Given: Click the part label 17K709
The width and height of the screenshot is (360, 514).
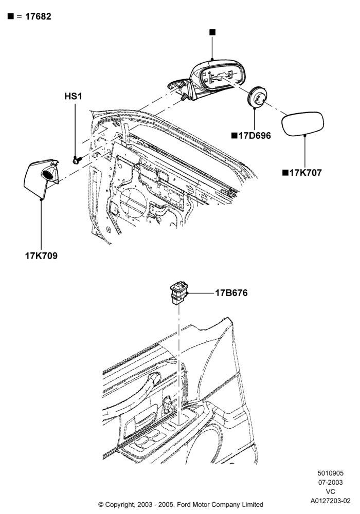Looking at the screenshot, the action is click(x=41, y=255).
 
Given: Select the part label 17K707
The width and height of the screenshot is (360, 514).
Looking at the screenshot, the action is click(x=305, y=173).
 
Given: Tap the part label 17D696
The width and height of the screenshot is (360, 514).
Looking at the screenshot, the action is click(x=255, y=136).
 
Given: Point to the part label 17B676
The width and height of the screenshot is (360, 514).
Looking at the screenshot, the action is click(x=231, y=293).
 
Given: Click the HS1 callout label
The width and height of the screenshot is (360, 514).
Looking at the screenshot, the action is click(x=73, y=97).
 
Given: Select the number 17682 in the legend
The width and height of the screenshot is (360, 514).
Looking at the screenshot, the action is click(x=39, y=16).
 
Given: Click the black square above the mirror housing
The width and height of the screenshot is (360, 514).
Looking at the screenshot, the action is click(x=212, y=32).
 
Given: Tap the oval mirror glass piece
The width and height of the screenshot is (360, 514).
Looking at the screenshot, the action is click(x=303, y=123).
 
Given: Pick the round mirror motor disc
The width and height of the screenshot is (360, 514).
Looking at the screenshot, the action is click(x=257, y=97).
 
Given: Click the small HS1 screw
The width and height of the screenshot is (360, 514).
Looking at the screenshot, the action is click(x=77, y=160).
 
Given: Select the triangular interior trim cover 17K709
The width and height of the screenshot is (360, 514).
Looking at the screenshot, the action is click(x=41, y=179).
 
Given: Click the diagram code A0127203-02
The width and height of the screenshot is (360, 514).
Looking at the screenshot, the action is click(x=331, y=501).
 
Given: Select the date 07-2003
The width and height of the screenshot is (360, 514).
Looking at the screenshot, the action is click(x=331, y=483).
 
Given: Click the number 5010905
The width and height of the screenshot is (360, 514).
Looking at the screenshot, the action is click(x=331, y=473).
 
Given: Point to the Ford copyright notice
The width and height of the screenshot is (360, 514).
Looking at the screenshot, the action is click(x=181, y=504).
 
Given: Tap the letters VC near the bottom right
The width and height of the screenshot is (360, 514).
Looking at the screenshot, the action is click(x=331, y=492).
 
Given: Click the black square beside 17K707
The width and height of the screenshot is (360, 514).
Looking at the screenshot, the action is click(x=285, y=173).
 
